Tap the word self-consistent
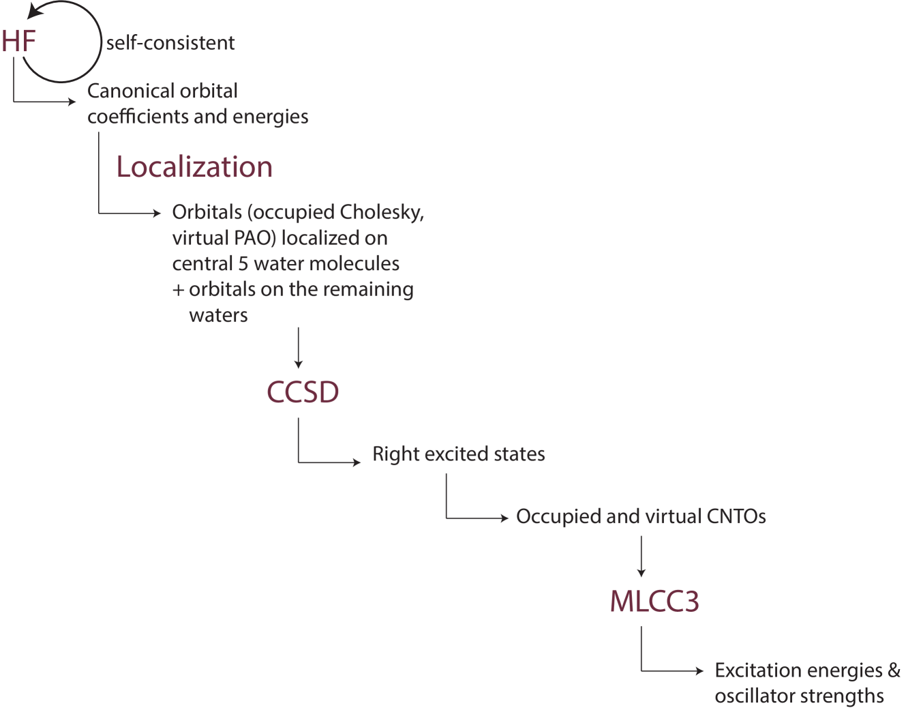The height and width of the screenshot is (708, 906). tap(170, 43)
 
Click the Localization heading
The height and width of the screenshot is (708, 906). tap(194, 167)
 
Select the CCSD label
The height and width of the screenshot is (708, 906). tap(303, 392)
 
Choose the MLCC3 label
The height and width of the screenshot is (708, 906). tap(654, 601)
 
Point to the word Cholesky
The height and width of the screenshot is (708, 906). tap(382, 213)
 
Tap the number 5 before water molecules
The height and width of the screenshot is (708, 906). tap(243, 264)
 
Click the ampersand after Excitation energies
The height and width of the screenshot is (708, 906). tap(894, 670)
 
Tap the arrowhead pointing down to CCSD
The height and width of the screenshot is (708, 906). tap(298, 364)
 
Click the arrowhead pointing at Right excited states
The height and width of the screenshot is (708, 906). tap(357, 462)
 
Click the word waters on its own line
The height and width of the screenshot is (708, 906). tap(218, 316)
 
